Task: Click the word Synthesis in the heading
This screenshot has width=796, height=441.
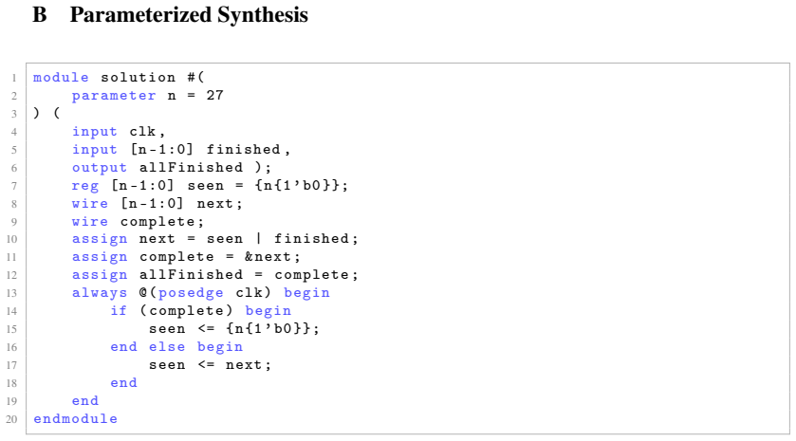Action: (263, 15)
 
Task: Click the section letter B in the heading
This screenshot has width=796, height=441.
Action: (40, 15)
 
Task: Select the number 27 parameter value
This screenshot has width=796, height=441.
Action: (214, 96)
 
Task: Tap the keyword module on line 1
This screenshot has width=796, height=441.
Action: (61, 77)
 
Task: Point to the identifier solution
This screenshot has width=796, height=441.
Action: (139, 77)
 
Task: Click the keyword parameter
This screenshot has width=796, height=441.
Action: (114, 96)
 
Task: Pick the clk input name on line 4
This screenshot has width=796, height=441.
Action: (142, 132)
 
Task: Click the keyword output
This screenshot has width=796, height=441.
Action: (100, 168)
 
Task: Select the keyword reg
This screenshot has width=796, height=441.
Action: (85, 186)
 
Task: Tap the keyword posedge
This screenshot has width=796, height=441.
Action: (191, 293)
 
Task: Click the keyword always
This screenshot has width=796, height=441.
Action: (100, 293)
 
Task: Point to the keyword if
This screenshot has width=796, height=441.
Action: (119, 310)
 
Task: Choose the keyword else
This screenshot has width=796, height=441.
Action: (167, 346)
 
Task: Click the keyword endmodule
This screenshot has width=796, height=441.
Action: (75, 418)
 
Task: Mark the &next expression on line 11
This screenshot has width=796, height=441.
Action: (268, 257)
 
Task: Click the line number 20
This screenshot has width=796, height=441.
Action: (11, 420)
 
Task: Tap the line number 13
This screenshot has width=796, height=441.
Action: (11, 293)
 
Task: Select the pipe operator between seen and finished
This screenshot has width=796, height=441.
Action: (258, 238)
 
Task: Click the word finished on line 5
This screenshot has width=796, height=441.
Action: (243, 150)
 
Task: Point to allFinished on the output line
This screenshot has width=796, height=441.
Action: (191, 168)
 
